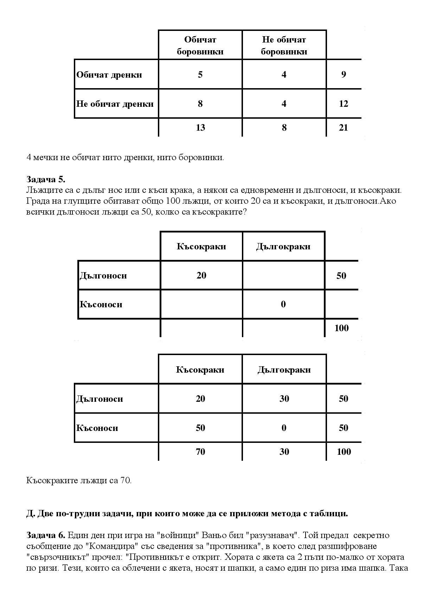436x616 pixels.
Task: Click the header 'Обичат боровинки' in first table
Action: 200,46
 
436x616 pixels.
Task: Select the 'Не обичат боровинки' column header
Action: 284,46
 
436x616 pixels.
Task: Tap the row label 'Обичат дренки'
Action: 109,75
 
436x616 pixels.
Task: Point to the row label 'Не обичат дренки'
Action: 115,104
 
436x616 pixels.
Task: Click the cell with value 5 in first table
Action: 200,74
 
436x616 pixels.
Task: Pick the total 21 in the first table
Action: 343,127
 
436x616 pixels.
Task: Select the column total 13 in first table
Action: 200,127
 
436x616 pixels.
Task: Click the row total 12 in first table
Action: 343,104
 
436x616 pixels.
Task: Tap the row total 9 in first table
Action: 343,74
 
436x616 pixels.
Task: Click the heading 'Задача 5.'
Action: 46,179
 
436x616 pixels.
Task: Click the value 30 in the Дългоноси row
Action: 284,399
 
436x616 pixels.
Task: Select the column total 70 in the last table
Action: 200,452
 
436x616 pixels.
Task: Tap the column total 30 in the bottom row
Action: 284,452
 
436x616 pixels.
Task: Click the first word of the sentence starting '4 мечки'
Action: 29,157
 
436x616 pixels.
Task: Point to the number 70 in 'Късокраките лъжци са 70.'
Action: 126,480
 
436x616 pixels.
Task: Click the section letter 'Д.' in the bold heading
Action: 31,513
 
